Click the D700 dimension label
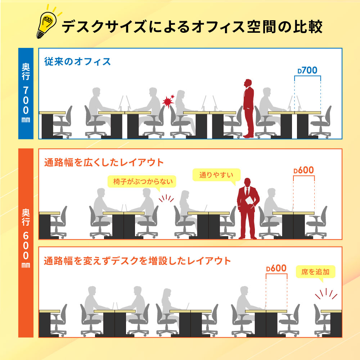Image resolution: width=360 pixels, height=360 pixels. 307,70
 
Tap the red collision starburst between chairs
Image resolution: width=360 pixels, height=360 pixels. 168,101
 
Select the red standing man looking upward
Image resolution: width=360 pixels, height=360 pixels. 248,108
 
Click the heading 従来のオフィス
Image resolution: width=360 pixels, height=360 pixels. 77,62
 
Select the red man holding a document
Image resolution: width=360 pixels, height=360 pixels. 248,208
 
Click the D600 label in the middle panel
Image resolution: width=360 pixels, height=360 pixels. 303,170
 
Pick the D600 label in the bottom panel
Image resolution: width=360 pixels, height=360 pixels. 276,269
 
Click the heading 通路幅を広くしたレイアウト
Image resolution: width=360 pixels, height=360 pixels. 104,162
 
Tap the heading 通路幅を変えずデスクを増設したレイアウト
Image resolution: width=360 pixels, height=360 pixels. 137,261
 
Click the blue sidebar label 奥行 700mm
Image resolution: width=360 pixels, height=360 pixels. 26,93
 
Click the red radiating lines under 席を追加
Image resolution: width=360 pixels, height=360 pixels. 326,294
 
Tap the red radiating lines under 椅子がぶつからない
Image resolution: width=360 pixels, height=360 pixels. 166,199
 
